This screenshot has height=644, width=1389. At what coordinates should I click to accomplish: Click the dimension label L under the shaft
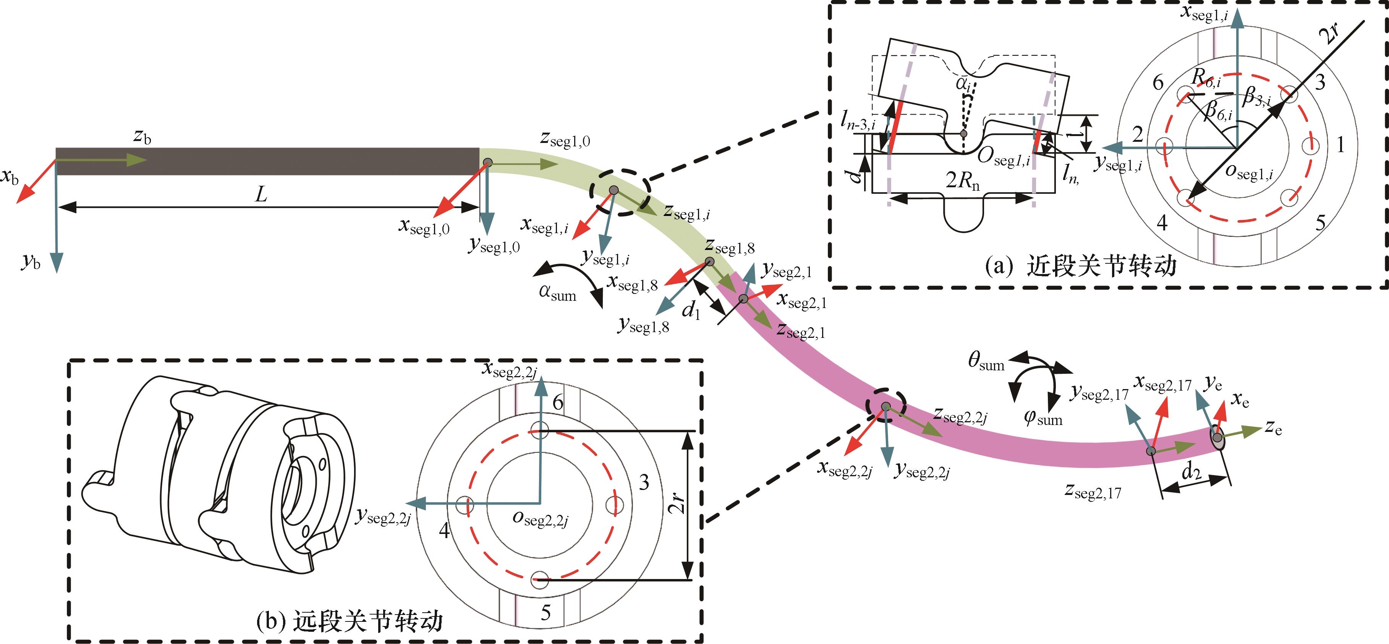click(x=261, y=194)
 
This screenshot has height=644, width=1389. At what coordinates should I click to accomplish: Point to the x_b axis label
click(x=10, y=177)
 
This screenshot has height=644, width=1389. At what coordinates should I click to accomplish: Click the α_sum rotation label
click(x=557, y=293)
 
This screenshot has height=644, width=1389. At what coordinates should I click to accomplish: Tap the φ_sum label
click(x=1043, y=418)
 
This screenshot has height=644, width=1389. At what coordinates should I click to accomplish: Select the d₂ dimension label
click(x=1191, y=472)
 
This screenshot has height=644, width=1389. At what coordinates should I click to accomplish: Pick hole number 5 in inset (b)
click(x=546, y=613)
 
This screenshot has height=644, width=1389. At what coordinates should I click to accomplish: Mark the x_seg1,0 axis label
click(x=424, y=226)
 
